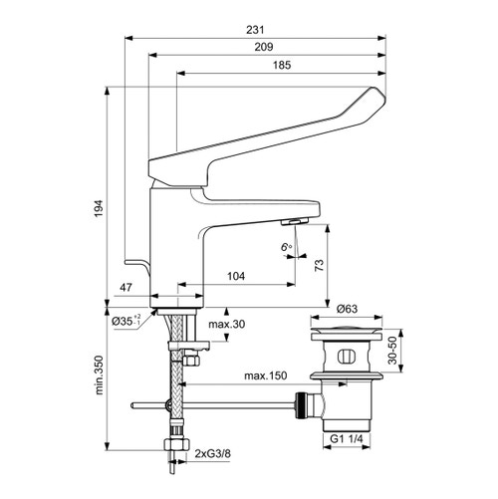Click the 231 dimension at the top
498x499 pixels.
256,30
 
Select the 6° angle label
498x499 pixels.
286,245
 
